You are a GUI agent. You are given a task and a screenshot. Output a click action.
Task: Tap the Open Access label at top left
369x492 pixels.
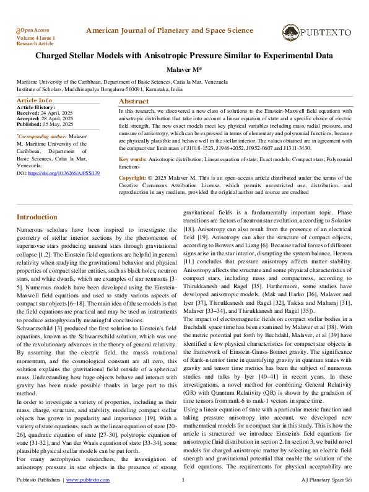tap(35, 30)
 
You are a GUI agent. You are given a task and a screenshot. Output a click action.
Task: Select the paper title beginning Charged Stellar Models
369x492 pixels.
tap(184, 55)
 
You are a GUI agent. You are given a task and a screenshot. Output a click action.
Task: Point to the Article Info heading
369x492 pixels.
tap(34, 100)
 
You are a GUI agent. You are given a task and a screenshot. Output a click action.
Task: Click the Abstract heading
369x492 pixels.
tap(134, 101)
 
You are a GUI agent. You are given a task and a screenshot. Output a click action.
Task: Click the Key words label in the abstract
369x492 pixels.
tap(132, 159)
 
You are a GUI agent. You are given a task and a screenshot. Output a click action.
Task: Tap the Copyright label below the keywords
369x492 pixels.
tap(134, 178)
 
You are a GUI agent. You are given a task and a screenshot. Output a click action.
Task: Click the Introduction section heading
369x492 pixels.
tap(37, 217)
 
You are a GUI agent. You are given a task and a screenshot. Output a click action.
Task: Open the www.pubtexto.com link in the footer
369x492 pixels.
tap(87, 480)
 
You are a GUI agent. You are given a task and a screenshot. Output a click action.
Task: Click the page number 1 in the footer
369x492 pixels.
tap(183, 480)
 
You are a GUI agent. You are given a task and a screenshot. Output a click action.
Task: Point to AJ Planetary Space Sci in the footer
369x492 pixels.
tap(327, 480)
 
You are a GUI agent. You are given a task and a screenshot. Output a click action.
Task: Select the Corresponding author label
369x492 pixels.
tap(41, 136)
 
